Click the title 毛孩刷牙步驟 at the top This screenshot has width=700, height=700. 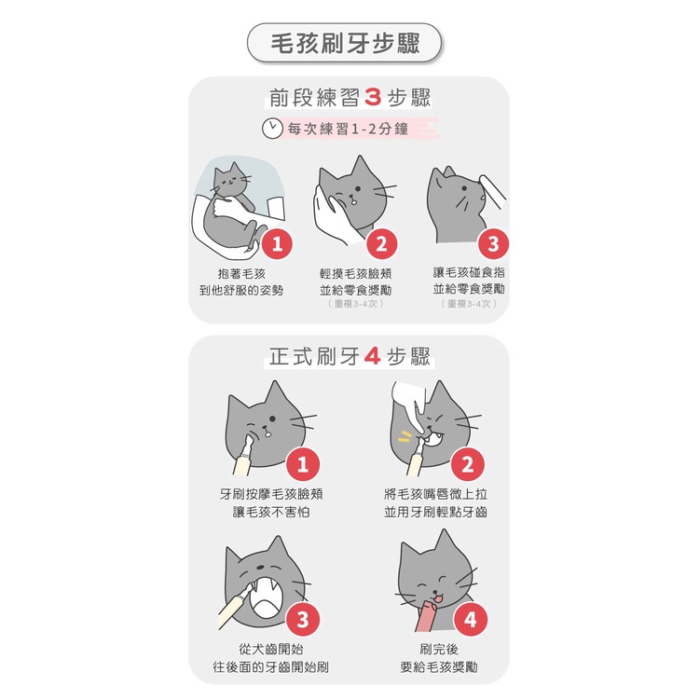(x=345, y=43)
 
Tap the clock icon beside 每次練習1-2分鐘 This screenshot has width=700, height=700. (x=272, y=129)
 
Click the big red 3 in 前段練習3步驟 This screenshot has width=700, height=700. (x=373, y=97)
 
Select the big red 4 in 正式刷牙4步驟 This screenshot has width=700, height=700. (x=372, y=356)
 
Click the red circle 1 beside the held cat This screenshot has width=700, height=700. (x=277, y=244)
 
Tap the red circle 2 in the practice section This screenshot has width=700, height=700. (x=382, y=244)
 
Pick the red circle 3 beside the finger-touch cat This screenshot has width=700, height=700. (x=493, y=244)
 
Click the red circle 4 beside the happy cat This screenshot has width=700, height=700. (x=471, y=619)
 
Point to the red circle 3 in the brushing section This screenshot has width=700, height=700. (x=303, y=619)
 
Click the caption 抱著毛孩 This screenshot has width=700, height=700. (x=241, y=274)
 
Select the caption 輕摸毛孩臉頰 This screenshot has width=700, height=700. (x=355, y=274)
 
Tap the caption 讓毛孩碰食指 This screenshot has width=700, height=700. (x=469, y=272)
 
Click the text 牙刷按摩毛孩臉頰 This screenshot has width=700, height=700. (x=271, y=494)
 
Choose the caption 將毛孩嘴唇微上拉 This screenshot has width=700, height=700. (x=435, y=494)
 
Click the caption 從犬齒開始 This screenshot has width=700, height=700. (x=271, y=649)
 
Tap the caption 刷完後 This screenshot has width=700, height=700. (x=439, y=649)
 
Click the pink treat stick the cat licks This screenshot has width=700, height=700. (x=426, y=616)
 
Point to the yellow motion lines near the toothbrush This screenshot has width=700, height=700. (x=404, y=436)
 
